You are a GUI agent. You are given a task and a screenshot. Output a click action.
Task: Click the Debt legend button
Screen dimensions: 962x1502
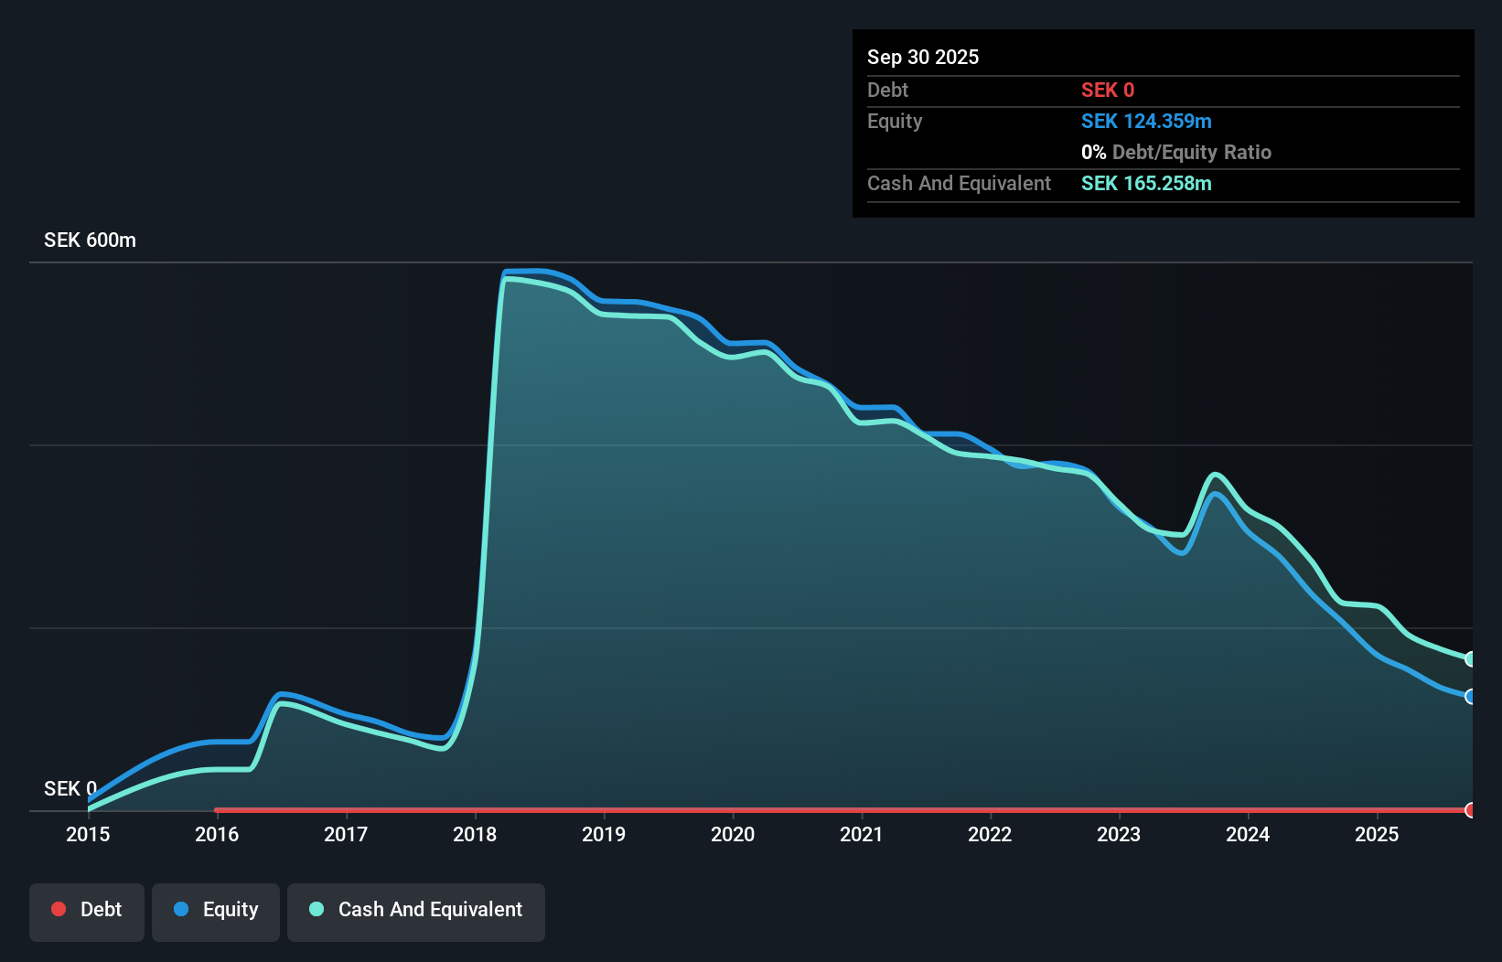coord(87,910)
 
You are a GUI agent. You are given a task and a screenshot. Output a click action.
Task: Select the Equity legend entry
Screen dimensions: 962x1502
coord(216,910)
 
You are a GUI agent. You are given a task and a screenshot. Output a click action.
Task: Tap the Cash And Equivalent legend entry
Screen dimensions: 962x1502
coord(416,910)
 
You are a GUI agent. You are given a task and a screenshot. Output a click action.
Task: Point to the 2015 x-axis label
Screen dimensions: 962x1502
coord(88,834)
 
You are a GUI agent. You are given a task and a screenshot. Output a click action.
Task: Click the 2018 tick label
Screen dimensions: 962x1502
coord(475,834)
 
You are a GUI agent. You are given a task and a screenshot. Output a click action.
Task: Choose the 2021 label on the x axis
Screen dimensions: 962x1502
coord(862,834)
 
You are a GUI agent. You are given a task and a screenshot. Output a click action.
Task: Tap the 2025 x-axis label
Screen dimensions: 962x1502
coord(1377,834)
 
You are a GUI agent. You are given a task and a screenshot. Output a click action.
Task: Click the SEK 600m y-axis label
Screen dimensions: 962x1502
coord(90,240)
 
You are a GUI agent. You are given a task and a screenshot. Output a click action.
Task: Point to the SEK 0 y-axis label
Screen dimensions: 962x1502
coord(70,788)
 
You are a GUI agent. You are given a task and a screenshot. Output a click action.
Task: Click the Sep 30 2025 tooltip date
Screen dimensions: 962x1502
coord(922,57)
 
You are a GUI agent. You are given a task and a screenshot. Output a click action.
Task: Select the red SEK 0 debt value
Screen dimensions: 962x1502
coord(1107,90)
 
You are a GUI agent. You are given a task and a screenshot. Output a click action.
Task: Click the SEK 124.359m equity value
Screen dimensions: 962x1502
coord(1145,121)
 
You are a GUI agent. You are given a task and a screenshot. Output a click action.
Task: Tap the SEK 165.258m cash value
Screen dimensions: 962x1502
coord(1145,183)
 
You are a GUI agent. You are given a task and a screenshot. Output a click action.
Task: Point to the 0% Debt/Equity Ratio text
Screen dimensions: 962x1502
coord(1175,152)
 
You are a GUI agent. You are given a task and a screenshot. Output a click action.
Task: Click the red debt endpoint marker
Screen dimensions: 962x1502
coord(1470,810)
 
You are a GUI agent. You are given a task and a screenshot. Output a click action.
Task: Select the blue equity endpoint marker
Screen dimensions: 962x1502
coord(1470,697)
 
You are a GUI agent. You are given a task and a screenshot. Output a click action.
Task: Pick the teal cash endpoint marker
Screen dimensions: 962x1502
coord(1470,659)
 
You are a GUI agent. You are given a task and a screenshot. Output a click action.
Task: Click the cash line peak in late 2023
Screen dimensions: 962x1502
coord(1215,474)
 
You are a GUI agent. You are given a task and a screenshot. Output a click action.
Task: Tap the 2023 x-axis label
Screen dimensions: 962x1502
coord(1119,834)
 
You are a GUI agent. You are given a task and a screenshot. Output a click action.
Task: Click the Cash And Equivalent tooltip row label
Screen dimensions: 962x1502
coord(959,183)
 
